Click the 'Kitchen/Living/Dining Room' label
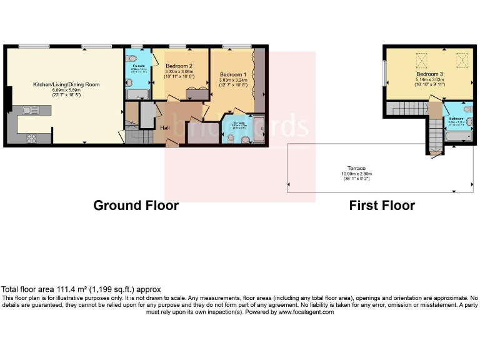(66, 84)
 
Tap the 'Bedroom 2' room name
(179, 66)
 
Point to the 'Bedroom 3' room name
(429, 74)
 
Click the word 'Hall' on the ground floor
(165, 128)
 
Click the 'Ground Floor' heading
(136, 206)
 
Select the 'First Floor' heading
(382, 206)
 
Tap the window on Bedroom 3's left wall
(384, 72)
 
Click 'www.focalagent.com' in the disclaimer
(306, 312)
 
